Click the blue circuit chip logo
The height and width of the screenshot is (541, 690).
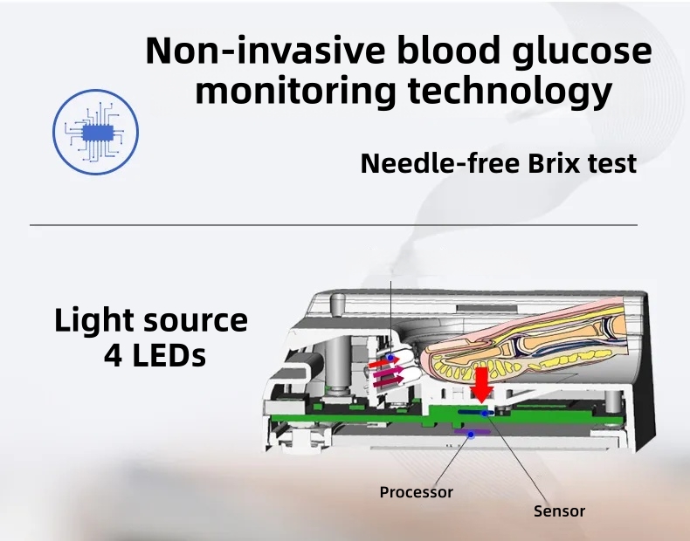[x=96, y=132]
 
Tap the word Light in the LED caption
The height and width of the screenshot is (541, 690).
[x=91, y=320]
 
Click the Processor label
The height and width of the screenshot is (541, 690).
[x=417, y=492]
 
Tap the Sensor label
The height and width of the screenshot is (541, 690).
[x=559, y=510]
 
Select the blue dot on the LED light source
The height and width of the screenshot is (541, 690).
[x=393, y=358]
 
